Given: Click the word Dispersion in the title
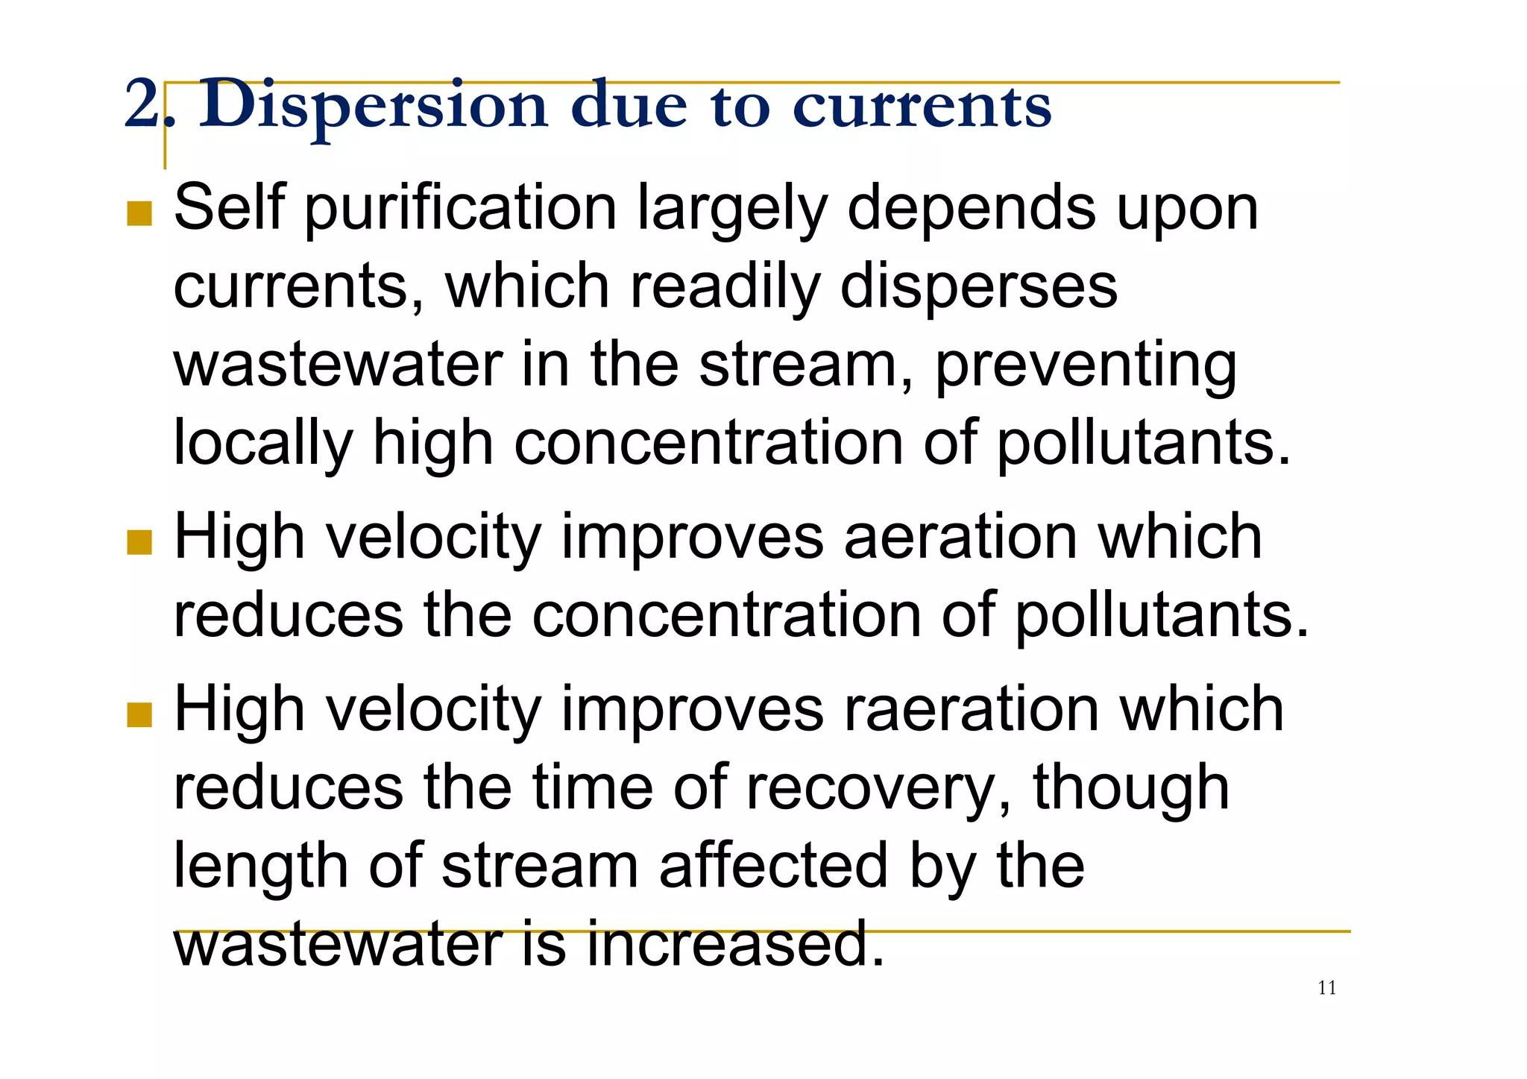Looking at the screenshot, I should pos(373,107).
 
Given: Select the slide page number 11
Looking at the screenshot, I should pos(1327,988).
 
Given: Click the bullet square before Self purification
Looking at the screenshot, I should pos(139,213).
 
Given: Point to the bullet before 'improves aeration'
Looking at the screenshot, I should pos(139,542).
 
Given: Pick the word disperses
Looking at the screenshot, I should pos(978,287).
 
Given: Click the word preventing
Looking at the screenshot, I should pos(1086,366).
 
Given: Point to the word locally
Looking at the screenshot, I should pos(262,444).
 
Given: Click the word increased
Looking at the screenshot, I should pos(735,944).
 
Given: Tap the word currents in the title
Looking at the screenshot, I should pos(922,107).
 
